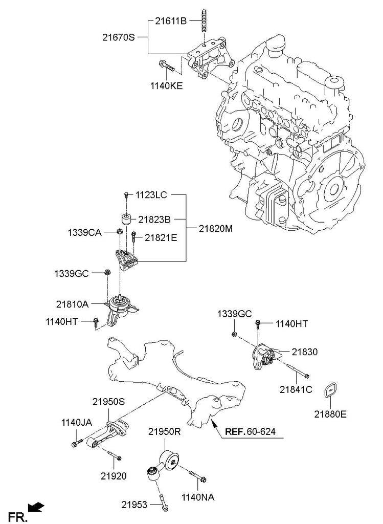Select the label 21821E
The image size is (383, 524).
tap(160, 237)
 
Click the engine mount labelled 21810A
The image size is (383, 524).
tap(121, 307)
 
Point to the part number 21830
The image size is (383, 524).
tap(305, 352)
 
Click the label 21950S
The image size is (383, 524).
tap(108, 402)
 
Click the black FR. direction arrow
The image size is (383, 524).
tap(36, 508)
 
